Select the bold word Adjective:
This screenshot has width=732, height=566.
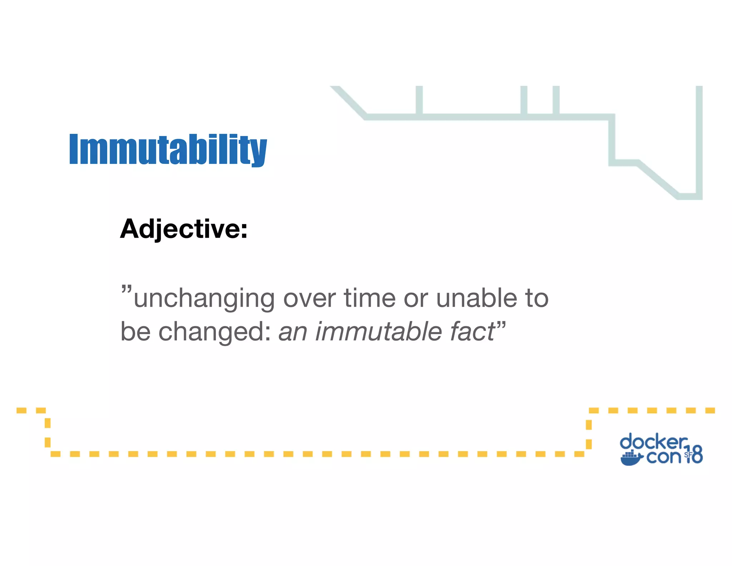(184, 229)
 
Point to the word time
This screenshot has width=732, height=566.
(370, 298)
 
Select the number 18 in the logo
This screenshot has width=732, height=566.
(694, 455)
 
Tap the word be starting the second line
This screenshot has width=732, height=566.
(135, 331)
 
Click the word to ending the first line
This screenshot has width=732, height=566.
(536, 298)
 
